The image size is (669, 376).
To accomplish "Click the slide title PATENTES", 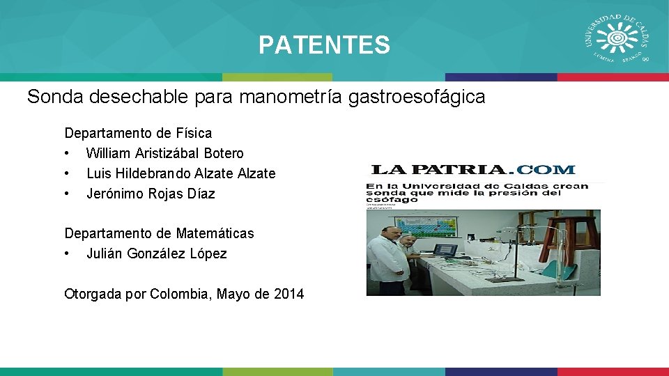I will click(x=324, y=45).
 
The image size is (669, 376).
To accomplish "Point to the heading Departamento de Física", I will click(x=138, y=132).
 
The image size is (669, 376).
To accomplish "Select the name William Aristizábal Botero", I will click(x=164, y=153).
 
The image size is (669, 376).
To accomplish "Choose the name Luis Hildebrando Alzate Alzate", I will click(x=180, y=173).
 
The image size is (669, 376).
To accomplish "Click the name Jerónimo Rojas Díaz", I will click(x=150, y=194).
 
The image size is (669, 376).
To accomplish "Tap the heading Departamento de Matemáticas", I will click(x=159, y=233).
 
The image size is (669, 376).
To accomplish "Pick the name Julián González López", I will click(x=156, y=253).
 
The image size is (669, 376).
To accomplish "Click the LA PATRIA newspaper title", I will click(x=439, y=169).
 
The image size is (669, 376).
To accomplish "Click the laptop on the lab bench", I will click(x=445, y=249).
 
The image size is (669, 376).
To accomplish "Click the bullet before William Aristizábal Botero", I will click(x=68, y=153).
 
